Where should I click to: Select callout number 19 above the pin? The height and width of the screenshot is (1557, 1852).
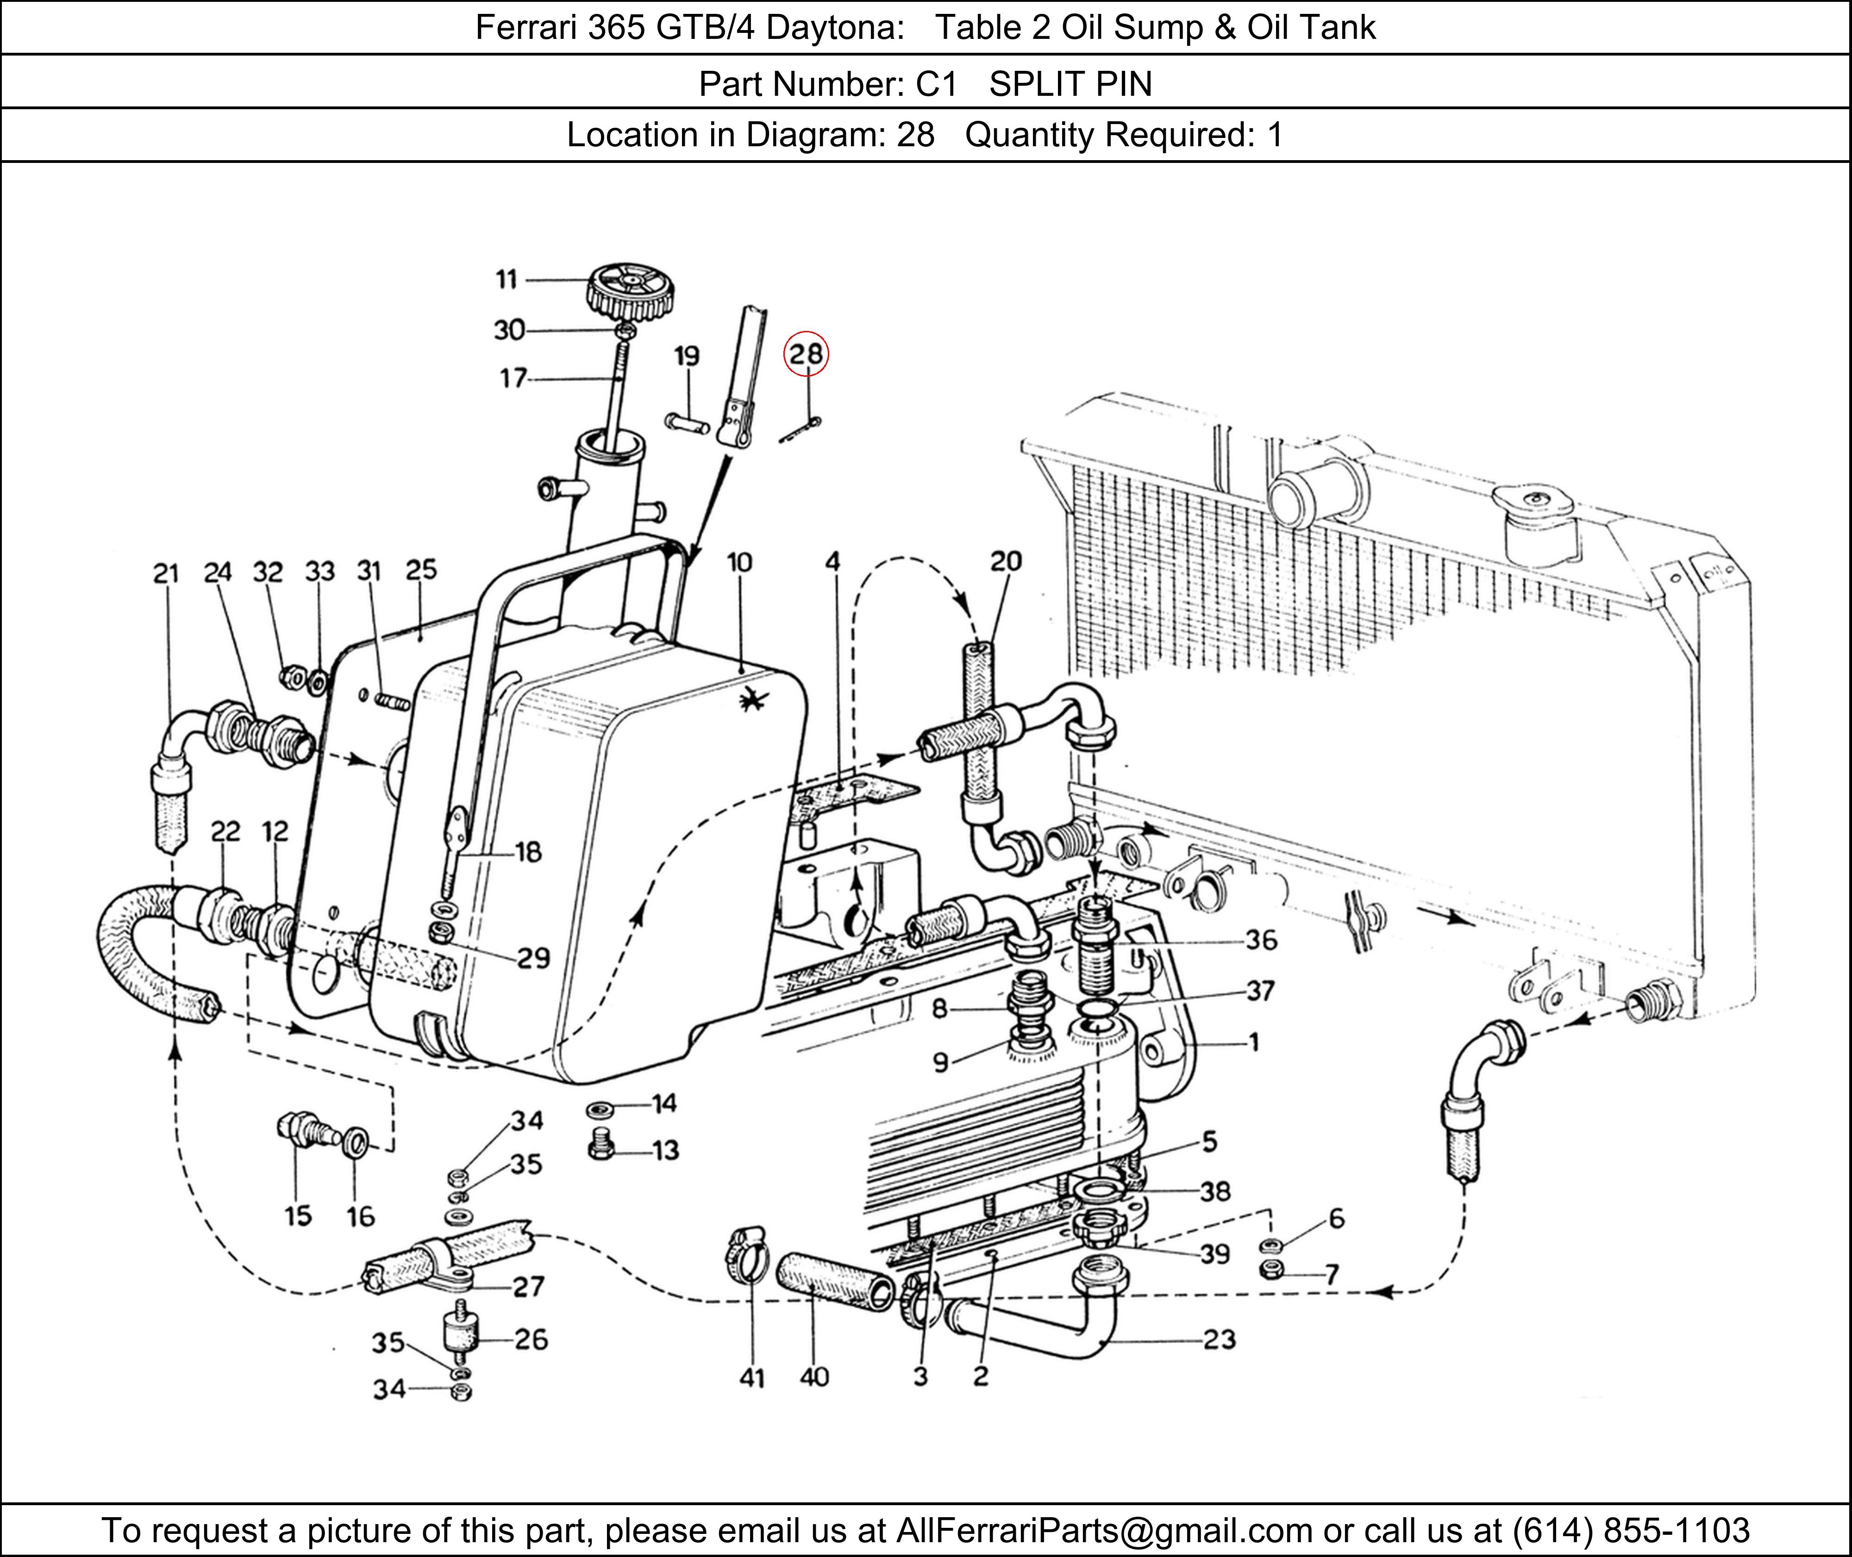(x=687, y=356)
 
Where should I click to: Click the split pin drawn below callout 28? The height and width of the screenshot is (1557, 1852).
(x=801, y=431)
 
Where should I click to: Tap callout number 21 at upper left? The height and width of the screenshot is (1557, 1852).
(x=166, y=574)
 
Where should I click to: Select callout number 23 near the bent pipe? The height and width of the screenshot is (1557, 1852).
(x=1219, y=1340)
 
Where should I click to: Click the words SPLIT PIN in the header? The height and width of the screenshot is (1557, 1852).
(x=1071, y=84)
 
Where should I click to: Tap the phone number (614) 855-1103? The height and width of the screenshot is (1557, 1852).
(x=1631, y=1530)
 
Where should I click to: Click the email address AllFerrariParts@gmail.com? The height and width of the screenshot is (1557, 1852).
(x=1104, y=1530)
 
